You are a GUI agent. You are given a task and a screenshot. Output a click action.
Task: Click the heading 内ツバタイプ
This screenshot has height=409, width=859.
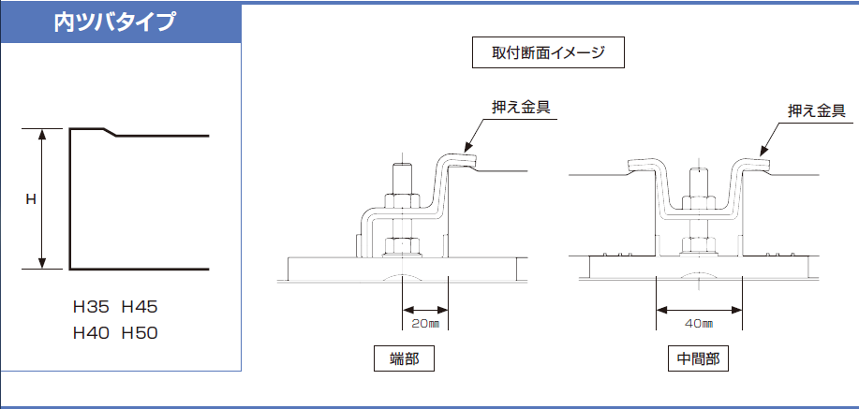(x=114, y=22)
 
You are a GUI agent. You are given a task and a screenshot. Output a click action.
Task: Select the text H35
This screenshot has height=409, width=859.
(x=92, y=307)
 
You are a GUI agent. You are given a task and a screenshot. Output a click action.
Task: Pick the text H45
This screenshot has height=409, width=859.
(x=140, y=307)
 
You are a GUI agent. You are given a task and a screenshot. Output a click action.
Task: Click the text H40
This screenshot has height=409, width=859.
(x=92, y=333)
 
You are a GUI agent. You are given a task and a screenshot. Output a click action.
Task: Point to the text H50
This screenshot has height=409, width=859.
(x=140, y=333)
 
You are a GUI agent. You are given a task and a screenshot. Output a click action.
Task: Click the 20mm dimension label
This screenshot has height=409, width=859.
(x=425, y=324)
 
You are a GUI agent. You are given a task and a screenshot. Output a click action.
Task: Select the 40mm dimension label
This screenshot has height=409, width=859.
(x=699, y=324)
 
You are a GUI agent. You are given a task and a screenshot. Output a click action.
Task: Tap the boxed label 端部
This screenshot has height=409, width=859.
(x=405, y=359)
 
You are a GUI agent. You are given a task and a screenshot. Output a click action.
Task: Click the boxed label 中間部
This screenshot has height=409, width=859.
(x=699, y=359)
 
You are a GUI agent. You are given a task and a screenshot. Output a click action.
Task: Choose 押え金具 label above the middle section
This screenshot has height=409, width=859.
(x=816, y=111)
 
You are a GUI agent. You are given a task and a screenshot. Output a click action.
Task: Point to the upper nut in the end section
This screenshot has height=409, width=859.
(x=402, y=201)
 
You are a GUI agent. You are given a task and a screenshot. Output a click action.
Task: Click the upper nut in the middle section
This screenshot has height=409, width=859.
(x=699, y=201)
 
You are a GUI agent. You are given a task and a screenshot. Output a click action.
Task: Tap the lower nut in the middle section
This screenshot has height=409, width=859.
(x=699, y=245)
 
